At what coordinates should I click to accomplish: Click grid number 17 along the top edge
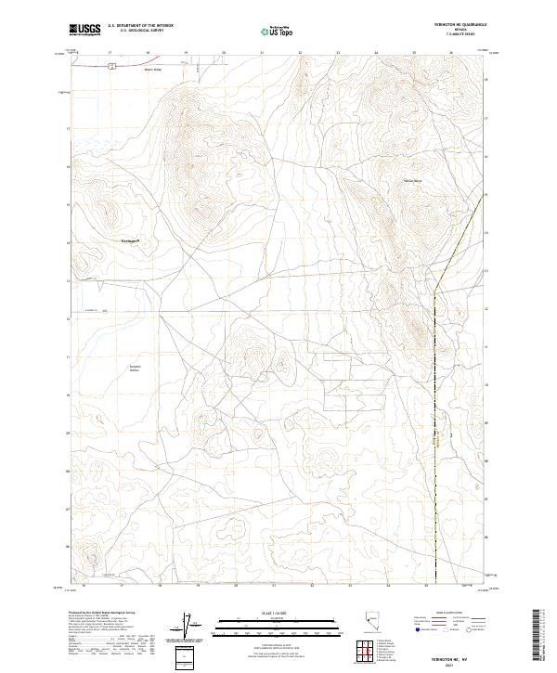coord(109,53)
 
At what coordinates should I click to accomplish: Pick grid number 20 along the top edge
coord(223,53)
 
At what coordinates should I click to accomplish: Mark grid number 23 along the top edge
coord(338,53)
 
